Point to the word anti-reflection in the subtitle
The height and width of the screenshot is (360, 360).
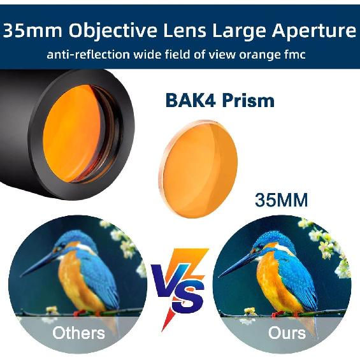click(87, 54)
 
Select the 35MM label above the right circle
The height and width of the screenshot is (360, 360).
click(282, 199)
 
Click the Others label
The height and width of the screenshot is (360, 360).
click(78, 333)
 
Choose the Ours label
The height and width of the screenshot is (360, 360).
click(287, 333)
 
